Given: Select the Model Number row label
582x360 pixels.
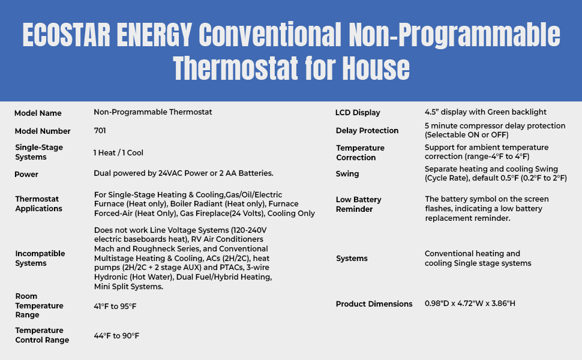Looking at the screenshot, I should click(x=43, y=131).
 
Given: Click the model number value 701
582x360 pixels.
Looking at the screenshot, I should click(x=100, y=130).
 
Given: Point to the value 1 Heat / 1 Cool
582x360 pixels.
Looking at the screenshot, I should click(x=118, y=153).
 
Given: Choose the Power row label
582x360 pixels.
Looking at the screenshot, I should click(x=26, y=175).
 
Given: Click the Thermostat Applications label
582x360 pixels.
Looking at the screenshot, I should click(x=39, y=204).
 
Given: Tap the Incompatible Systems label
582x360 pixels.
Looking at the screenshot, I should click(x=40, y=258).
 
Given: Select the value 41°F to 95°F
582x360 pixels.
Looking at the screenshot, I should click(x=115, y=306).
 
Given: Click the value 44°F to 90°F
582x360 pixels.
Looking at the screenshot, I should click(x=116, y=335).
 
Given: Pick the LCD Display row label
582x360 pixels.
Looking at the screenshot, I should click(x=358, y=113).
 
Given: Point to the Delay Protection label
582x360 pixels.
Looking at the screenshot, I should click(x=367, y=131).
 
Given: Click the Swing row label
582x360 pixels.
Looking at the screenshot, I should click(x=347, y=174).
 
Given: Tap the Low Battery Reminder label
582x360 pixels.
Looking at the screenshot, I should click(x=359, y=204).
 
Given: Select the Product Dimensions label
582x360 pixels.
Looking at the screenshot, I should click(x=374, y=304).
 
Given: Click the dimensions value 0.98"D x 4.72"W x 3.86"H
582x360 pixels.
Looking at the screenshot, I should click(x=470, y=304).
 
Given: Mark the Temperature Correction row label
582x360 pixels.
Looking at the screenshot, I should click(x=360, y=152).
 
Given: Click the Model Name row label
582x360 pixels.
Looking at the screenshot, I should click(x=38, y=113).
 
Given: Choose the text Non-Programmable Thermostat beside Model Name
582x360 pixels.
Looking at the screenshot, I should click(x=153, y=112).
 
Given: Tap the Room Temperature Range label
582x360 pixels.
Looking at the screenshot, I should click(x=39, y=305).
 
